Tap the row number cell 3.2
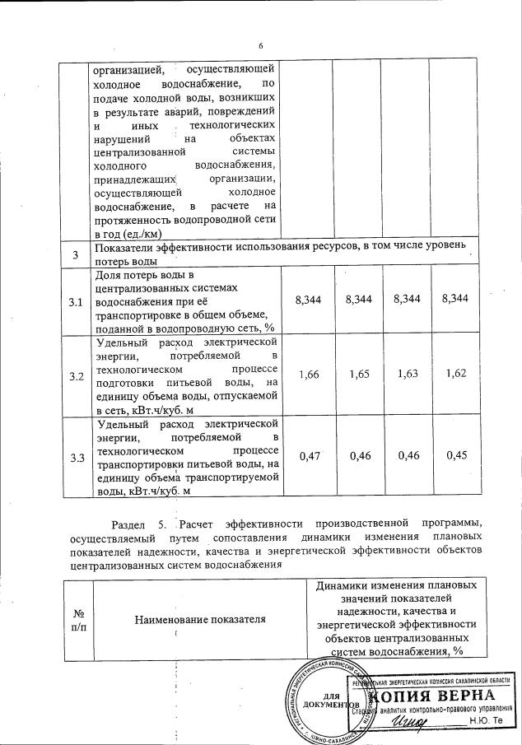coord(77,376)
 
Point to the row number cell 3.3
coord(77,457)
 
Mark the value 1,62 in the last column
coord(454,375)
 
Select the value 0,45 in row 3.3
coord(454,456)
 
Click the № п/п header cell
coord(79,619)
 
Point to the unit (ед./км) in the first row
coord(186,233)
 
